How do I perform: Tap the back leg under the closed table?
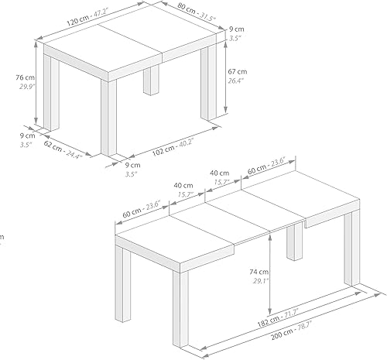click(150, 81)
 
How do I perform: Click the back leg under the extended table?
click(295, 245)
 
